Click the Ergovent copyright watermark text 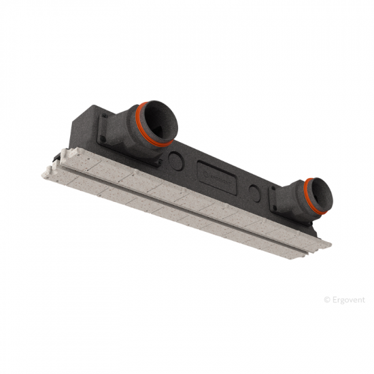tap(345, 300)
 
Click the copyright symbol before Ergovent tap(327, 300)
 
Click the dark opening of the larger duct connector tap(162, 123)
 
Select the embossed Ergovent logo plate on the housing tap(217, 177)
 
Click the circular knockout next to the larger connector tap(176, 161)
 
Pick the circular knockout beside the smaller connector tap(255, 193)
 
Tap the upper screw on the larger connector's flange tap(105, 116)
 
